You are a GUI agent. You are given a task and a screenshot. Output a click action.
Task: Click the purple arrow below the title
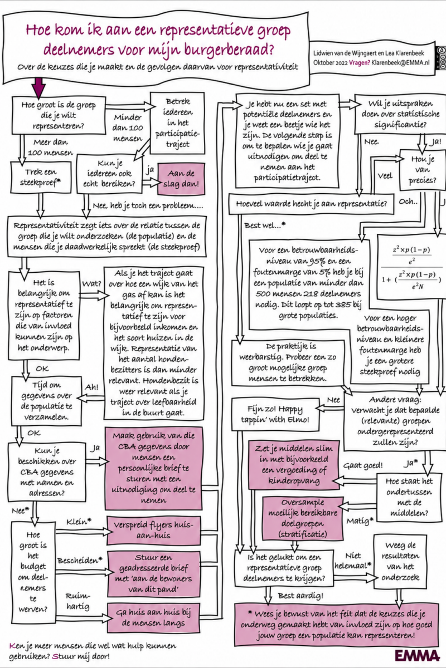pyautogui.click(x=38, y=88)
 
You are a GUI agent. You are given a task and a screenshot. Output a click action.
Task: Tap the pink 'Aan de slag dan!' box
pyautogui.click(x=181, y=179)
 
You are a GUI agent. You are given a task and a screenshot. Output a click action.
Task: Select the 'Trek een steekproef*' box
pyautogui.click(x=41, y=177)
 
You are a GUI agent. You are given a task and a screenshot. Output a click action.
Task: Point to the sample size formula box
pyautogui.click(x=411, y=267)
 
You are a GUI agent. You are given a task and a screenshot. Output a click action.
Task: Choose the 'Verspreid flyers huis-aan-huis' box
pyautogui.click(x=153, y=531)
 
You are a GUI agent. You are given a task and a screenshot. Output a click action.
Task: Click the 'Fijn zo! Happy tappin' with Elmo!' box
pyautogui.click(x=275, y=415)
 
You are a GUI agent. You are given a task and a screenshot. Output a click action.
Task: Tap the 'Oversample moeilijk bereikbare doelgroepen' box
pyautogui.click(x=303, y=519)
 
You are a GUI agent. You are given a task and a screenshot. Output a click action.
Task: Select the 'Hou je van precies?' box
pyautogui.click(x=423, y=170)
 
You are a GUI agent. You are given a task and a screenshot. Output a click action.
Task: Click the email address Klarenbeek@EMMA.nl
pyautogui.click(x=401, y=62)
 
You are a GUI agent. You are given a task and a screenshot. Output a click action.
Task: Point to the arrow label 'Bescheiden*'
pyautogui.click(x=80, y=561)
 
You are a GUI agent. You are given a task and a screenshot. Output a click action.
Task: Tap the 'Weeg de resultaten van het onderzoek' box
pyautogui.click(x=400, y=562)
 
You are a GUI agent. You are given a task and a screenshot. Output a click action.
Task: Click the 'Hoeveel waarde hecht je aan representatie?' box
pyautogui.click(x=311, y=204)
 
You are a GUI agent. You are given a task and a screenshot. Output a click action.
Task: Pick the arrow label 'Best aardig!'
pyautogui.click(x=300, y=596)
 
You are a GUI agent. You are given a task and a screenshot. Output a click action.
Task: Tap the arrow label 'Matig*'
pyautogui.click(x=360, y=521)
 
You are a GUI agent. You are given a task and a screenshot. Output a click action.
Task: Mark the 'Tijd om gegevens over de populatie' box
pyautogui.click(x=47, y=401)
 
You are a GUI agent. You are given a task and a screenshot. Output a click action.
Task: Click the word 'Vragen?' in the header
pyautogui.click(x=360, y=62)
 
